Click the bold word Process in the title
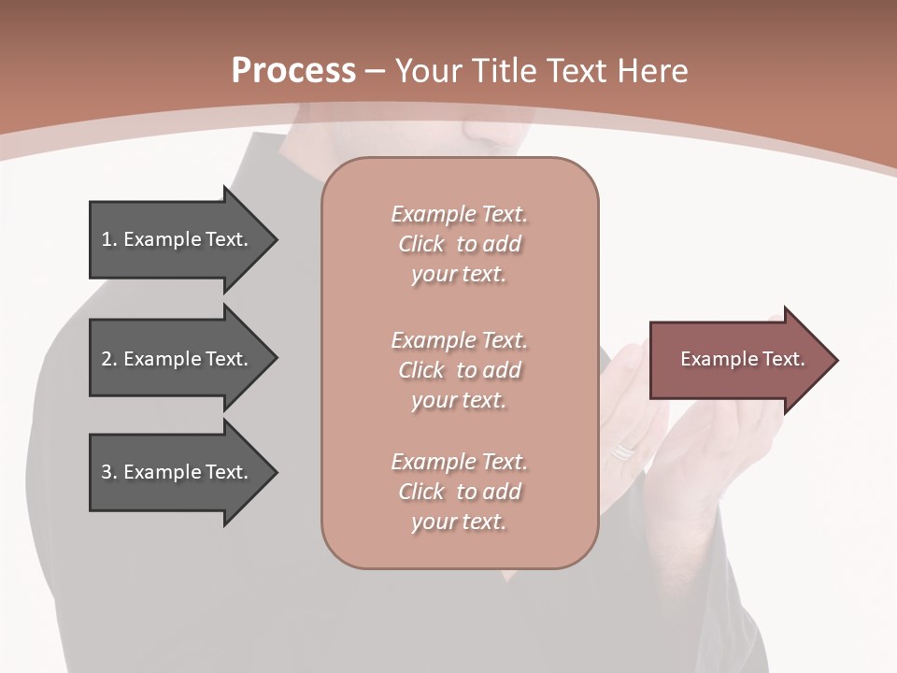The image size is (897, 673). coord(293,71)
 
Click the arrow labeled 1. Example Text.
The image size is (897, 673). coord(178,240)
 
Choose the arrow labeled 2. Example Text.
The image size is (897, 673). coord(178,359)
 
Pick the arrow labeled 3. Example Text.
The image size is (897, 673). coord(178,472)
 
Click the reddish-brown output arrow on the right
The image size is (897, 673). coord(738,360)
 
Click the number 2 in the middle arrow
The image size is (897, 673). coord(107,359)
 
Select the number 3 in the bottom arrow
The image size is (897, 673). coord(107,472)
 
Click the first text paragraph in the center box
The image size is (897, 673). coord(459,244)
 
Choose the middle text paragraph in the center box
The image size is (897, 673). coord(459,370)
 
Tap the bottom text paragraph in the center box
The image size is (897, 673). coord(459,492)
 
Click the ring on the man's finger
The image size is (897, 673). coord(622,452)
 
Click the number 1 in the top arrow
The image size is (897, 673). coord(107,240)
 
